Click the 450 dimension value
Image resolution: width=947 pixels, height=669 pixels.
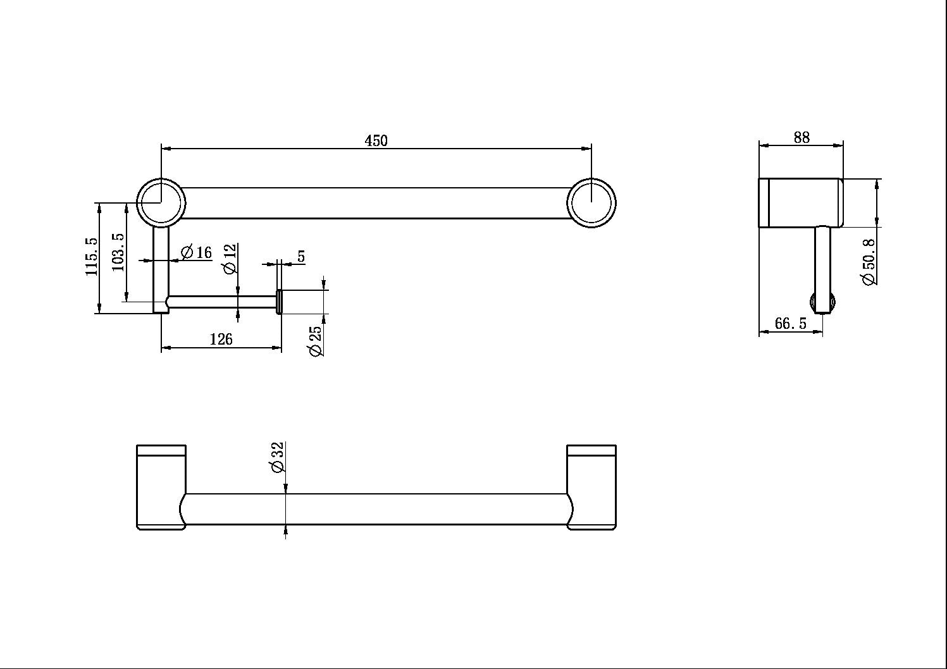376,140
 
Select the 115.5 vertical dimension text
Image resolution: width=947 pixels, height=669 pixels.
92,256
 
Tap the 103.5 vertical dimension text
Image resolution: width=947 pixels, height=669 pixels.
118,252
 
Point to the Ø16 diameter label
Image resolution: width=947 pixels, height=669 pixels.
197,253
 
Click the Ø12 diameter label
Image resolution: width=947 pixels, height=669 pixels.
230,259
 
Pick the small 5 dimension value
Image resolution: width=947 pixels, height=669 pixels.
301,256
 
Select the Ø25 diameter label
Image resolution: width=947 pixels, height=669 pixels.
316,341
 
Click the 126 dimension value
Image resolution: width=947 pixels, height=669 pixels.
221,340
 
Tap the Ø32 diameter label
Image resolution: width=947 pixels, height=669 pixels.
277,457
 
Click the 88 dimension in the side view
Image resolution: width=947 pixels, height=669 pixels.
801,137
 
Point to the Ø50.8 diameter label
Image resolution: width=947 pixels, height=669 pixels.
870,262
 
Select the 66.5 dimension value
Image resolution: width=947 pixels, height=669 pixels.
790,324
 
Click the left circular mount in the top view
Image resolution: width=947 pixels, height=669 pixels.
161,202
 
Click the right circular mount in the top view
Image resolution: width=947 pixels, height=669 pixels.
591,202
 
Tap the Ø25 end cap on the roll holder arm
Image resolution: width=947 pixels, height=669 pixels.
279,302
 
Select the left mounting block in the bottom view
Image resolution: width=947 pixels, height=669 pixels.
161,487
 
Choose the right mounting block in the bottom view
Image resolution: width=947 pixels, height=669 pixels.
591,487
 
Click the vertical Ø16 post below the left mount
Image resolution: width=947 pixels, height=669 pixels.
161,266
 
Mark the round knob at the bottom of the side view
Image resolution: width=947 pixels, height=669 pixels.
823,303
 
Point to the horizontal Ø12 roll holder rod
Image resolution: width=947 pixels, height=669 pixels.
221,302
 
